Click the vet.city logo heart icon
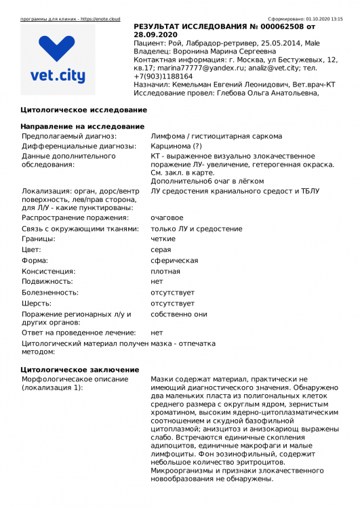point(57,49)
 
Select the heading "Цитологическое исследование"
point(83,110)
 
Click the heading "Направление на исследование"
point(82,127)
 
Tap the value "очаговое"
point(167,217)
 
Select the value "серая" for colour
point(161,250)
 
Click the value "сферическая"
point(174,261)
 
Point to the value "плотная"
point(165,271)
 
